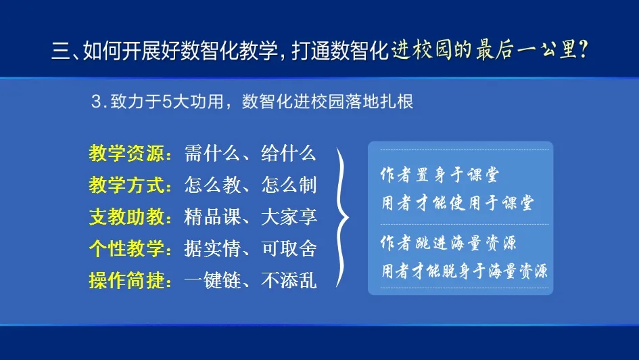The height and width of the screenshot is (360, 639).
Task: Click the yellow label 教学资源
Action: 126,154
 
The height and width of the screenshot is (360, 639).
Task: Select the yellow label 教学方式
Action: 126,185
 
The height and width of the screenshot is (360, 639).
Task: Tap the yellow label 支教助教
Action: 126,217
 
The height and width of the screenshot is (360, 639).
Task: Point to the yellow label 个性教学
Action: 126,249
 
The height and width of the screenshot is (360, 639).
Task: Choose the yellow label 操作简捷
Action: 126,281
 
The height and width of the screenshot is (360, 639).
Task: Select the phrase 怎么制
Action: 289,185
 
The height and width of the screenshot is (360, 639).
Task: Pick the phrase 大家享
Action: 289,217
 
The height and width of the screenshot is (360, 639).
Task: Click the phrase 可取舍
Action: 289,249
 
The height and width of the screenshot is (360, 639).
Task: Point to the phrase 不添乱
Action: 289,281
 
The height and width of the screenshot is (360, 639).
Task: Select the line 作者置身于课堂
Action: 440,175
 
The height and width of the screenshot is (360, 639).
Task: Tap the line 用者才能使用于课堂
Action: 457,202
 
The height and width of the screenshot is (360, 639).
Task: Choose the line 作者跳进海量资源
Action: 448,243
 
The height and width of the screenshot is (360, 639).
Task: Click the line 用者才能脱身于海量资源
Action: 464,271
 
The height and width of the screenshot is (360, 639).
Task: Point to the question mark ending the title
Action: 583,50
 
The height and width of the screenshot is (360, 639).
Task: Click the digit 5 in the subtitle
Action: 167,102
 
